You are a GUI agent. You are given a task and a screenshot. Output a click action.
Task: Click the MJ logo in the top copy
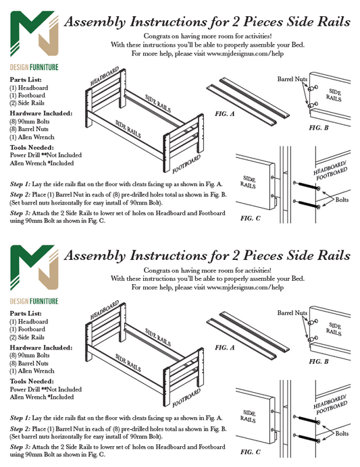click(x=34, y=33)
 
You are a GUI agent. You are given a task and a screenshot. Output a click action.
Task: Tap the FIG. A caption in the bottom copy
click(x=225, y=348)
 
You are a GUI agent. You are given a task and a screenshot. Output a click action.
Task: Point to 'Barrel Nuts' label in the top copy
click(x=292, y=79)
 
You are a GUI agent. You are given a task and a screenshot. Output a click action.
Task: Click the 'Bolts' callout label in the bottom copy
click(x=342, y=433)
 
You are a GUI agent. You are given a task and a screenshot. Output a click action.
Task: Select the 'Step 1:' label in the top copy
click(x=20, y=184)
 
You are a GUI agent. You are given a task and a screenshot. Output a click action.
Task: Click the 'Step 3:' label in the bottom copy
click(x=20, y=447)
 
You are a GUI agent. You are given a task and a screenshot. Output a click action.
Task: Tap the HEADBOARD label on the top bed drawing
click(x=105, y=76)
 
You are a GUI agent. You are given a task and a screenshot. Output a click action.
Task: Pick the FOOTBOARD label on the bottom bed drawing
click(x=186, y=398)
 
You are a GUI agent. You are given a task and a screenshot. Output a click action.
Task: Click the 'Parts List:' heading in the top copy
click(x=26, y=80)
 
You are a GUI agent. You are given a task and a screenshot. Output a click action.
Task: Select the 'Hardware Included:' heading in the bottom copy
click(x=41, y=348)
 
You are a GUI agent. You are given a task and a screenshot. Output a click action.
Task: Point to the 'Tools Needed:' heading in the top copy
click(x=32, y=147)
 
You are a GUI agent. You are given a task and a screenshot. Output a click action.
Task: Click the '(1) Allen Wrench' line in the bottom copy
click(x=32, y=370)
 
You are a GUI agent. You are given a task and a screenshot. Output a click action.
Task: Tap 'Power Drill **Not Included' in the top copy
click(x=46, y=155)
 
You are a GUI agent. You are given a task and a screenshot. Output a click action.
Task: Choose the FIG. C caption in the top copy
click(x=251, y=218)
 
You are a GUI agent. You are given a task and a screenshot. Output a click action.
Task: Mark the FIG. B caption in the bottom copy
click(x=319, y=362)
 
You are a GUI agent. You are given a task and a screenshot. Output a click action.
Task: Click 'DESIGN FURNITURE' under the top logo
click(x=34, y=67)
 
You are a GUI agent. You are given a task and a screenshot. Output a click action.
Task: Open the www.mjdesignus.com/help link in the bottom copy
click(x=245, y=287)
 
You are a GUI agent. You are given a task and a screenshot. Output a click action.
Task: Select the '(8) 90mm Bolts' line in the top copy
click(x=30, y=121)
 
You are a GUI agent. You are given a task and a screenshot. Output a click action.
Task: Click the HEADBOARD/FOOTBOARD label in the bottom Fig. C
click(x=330, y=405)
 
